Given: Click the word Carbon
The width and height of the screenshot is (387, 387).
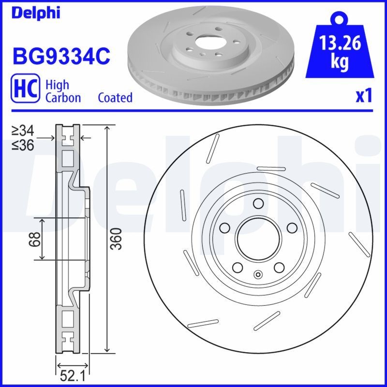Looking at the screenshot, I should (63, 98).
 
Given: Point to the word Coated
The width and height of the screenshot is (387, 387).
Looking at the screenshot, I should (115, 98).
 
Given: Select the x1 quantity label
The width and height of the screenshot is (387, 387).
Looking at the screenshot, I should (364, 96).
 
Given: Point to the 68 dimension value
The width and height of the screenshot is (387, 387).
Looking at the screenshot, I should (34, 239).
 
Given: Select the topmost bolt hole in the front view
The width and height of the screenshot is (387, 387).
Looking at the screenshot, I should (257, 203).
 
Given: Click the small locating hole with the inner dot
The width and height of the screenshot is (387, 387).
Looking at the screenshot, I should (257, 276).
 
